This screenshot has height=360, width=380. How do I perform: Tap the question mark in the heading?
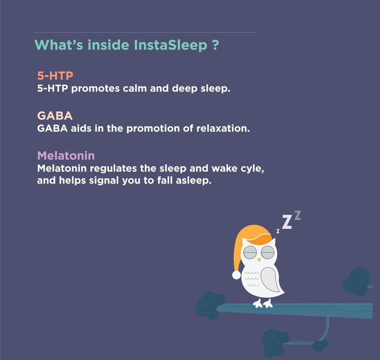pos(215,45)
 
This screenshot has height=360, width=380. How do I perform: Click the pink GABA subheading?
pos(55,115)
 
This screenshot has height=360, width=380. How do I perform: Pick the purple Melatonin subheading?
pos(66,155)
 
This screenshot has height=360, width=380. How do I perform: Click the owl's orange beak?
pos(259,260)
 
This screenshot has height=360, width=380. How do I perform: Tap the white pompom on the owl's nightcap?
pos(236,275)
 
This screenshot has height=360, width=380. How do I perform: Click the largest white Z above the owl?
pos(287,222)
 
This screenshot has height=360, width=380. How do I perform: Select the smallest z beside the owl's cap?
pos(278,231)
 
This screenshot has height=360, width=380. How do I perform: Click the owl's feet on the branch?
pos(263,303)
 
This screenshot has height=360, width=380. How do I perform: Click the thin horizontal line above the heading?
pos(144,32)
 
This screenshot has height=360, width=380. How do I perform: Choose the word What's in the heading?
pos(59,45)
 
